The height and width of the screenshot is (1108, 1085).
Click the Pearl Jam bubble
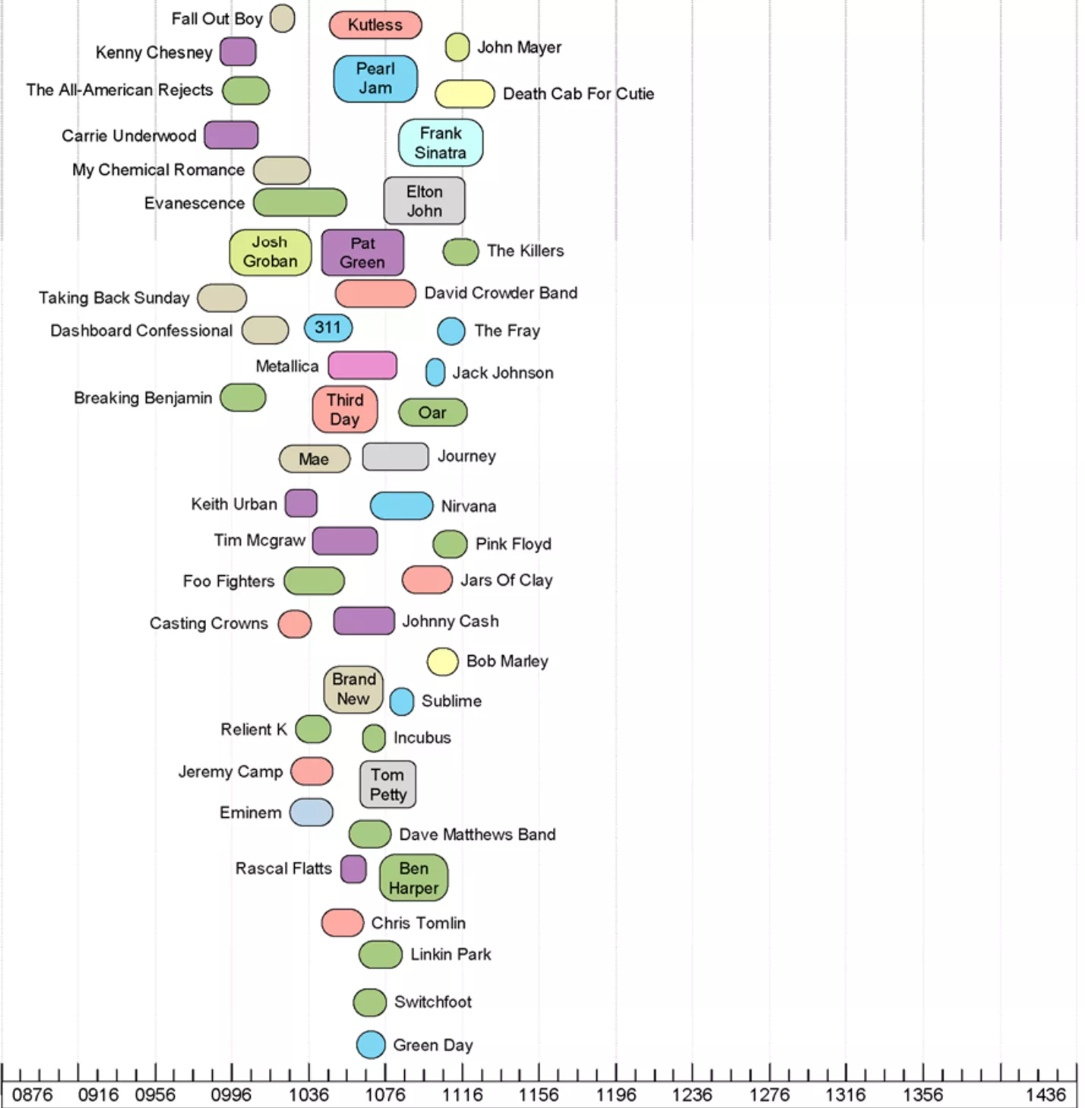coord(375,78)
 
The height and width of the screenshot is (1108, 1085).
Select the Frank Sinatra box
coord(441,142)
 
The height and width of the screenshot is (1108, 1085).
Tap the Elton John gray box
coord(424,201)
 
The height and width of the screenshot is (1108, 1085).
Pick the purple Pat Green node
coord(362,252)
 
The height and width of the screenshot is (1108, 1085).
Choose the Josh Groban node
coord(270,252)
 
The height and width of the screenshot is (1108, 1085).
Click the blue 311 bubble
coord(328,328)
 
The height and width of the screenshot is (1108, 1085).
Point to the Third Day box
coord(345,409)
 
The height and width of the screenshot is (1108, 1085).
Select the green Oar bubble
coord(432,413)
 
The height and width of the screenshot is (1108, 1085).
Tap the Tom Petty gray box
coord(387,784)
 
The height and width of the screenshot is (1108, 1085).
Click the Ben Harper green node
coord(413,878)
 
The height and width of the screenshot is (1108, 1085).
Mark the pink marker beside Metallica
coord(362,366)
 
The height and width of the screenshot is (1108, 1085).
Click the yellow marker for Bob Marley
coord(442,662)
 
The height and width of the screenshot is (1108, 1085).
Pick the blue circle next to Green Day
coord(371,1045)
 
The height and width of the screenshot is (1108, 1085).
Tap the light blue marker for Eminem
coord(312,812)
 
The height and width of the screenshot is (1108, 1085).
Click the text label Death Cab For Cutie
coord(578,94)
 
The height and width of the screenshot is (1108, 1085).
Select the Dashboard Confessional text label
coord(141,331)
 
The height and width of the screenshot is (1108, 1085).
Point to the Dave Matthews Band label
coord(477,834)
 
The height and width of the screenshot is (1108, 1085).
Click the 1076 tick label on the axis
coord(385,1095)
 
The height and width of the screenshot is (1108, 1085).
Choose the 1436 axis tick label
coord(1045,1095)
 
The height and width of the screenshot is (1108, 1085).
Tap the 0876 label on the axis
coord(33,1095)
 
